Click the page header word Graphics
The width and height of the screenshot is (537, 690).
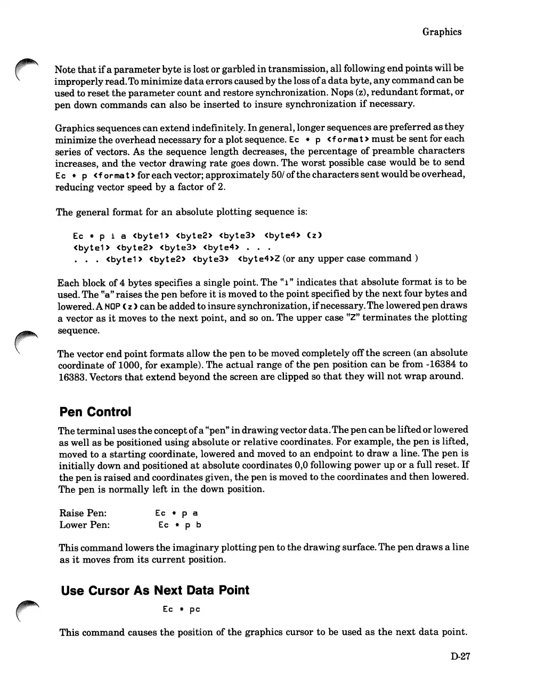click(442, 32)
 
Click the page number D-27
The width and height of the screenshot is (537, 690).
click(460, 656)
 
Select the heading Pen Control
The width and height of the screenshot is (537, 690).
click(95, 412)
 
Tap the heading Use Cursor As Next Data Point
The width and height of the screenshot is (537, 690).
click(155, 591)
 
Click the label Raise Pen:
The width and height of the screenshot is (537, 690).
click(83, 513)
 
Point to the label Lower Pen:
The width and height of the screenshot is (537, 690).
click(85, 525)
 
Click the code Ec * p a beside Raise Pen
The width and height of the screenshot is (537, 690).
click(176, 513)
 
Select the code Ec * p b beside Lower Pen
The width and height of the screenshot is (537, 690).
click(180, 525)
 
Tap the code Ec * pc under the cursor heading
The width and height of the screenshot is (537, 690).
click(181, 609)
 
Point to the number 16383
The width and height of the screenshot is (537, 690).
click(72, 376)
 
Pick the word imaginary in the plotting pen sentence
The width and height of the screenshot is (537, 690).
click(188, 548)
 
